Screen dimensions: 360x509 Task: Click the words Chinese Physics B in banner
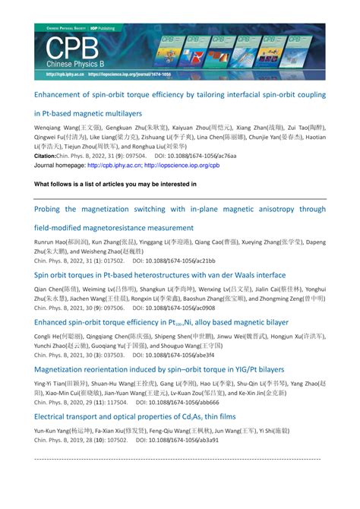tap(71, 65)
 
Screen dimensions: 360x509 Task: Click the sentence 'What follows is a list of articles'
tap(115, 184)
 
